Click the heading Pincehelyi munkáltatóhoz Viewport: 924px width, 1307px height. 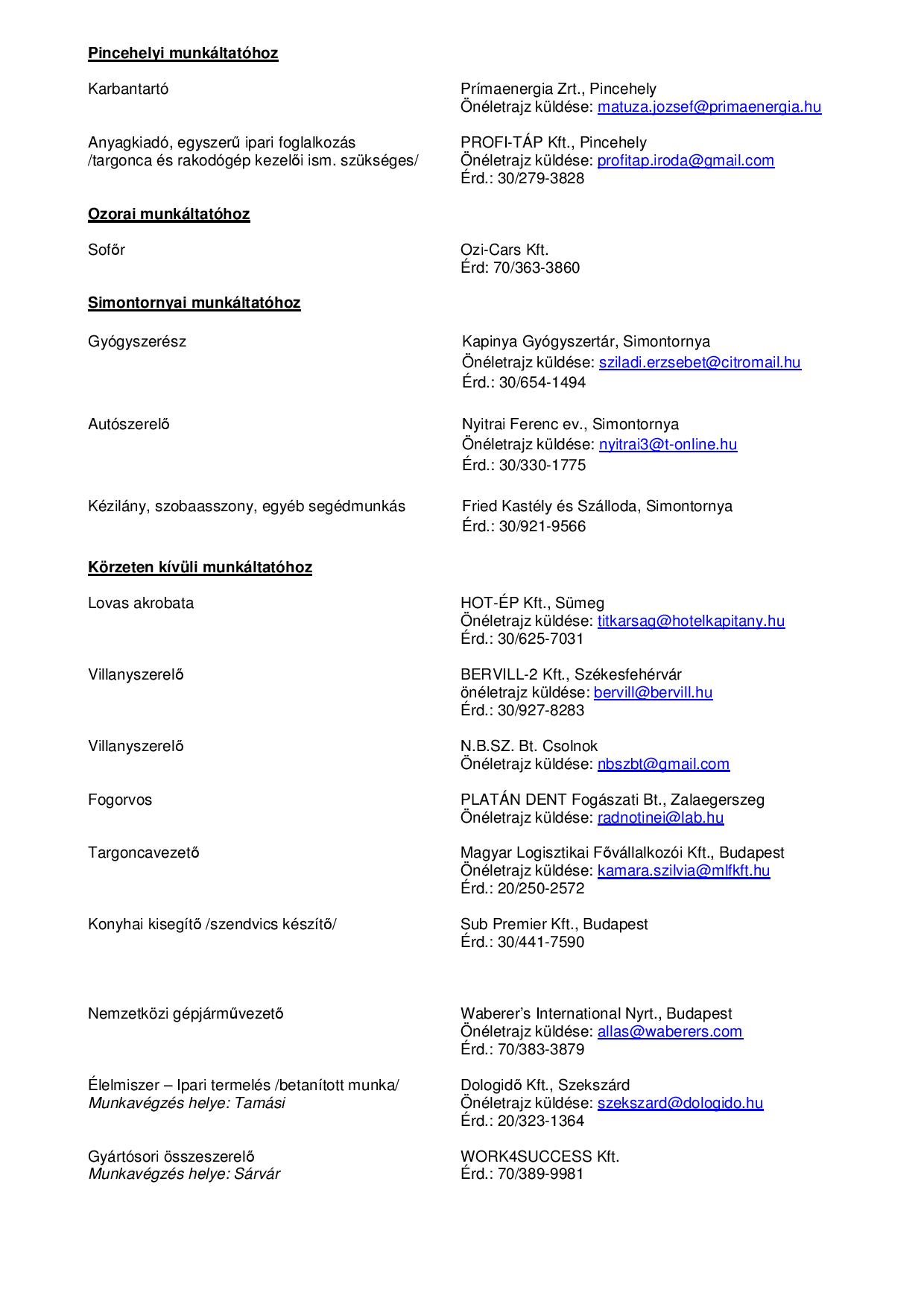183,53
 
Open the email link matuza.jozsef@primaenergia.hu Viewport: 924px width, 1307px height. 709,107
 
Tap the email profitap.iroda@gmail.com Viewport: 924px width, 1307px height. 686,160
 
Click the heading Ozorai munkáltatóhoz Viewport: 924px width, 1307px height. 168,214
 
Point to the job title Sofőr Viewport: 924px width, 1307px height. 107,250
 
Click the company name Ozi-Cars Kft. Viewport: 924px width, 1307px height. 504,250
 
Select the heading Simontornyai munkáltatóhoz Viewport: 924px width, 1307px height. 194,303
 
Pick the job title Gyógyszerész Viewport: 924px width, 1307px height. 137,341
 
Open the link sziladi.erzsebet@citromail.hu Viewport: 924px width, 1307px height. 700,362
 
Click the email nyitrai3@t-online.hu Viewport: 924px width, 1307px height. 668,444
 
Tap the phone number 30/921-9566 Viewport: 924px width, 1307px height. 542,526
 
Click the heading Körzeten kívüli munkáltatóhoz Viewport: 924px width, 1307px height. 200,567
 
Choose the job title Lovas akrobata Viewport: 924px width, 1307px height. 141,603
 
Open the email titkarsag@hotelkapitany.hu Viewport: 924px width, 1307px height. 691,621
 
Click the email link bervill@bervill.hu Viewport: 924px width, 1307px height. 653,692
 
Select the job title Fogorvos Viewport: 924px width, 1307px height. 120,800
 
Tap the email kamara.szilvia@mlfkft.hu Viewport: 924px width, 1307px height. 683,870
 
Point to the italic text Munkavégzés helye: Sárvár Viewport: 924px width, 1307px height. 184,1174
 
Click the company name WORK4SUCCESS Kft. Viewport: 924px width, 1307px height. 539,1156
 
